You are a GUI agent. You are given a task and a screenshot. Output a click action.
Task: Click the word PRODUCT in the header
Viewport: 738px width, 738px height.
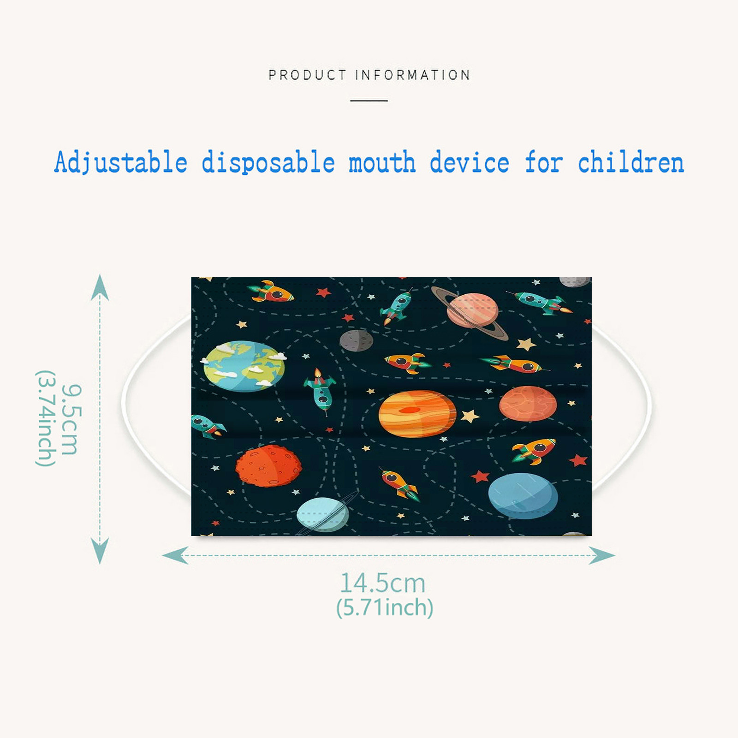[307, 75]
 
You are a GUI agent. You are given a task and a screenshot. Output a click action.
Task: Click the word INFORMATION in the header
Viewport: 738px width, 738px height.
[413, 75]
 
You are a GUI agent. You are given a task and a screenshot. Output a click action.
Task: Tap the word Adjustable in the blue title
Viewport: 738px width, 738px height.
[121, 162]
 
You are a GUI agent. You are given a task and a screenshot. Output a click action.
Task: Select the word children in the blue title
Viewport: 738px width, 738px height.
[631, 162]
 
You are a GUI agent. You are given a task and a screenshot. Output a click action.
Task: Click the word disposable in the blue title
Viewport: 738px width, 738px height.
[268, 162]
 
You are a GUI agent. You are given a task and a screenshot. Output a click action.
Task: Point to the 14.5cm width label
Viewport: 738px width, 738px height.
[382, 583]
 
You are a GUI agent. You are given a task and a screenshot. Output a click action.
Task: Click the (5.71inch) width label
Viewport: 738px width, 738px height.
[385, 607]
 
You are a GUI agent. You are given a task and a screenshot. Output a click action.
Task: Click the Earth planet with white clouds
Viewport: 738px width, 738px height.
[244, 366]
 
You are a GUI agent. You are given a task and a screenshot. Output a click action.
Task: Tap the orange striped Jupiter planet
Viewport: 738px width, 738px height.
[417, 414]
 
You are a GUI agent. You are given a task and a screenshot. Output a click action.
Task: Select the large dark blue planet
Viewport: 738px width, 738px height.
[523, 496]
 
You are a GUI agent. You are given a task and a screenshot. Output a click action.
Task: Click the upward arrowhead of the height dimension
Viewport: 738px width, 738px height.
[100, 287]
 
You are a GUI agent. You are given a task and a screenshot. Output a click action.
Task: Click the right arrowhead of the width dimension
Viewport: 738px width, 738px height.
[602, 555]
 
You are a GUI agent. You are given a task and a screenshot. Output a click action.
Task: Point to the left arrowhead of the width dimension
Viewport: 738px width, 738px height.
[175, 555]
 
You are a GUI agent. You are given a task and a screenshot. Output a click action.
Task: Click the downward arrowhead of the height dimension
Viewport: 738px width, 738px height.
[100, 551]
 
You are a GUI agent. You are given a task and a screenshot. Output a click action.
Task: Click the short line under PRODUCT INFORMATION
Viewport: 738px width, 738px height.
[369, 101]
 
